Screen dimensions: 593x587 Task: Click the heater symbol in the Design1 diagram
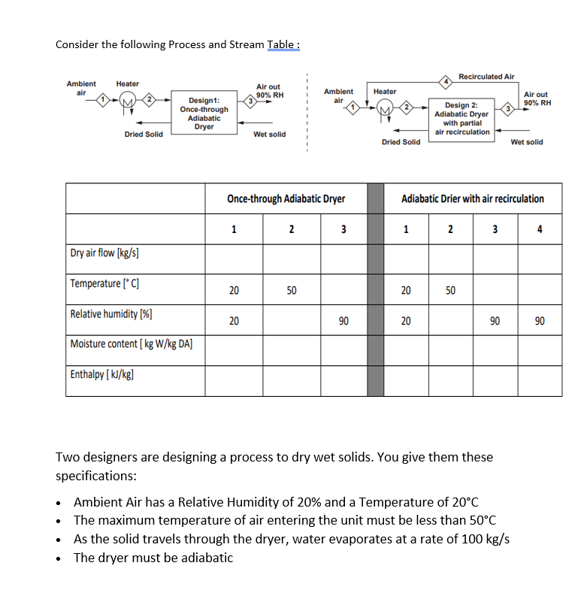tap(128, 102)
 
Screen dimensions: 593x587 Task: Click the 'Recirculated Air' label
tap(486, 77)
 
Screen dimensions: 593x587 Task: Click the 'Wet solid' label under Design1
tap(269, 135)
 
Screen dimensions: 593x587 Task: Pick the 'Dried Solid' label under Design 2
tap(401, 142)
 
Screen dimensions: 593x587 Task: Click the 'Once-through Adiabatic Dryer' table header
tap(286, 199)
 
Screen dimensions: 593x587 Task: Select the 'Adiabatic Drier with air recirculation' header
tap(473, 199)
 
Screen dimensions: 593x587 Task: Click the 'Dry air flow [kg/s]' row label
tap(104, 253)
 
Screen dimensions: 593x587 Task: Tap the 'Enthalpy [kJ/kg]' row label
tap(97, 374)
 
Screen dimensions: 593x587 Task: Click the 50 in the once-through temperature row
tap(291, 289)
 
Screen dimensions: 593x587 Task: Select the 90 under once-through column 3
tap(343, 320)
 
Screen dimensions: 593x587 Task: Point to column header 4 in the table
tap(540, 229)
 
